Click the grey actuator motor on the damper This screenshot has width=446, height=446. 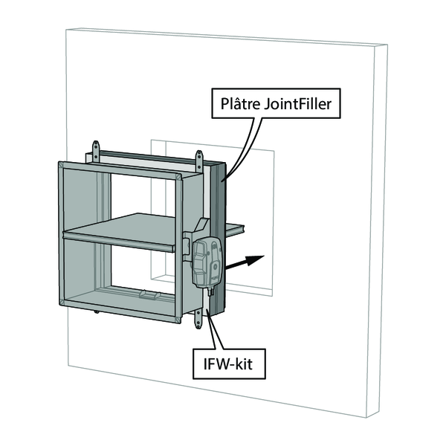click(x=206, y=262)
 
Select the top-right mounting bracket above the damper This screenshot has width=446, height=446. click(x=198, y=160)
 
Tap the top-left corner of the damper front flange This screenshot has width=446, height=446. click(x=59, y=162)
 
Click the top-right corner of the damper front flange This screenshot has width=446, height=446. click(x=181, y=174)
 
